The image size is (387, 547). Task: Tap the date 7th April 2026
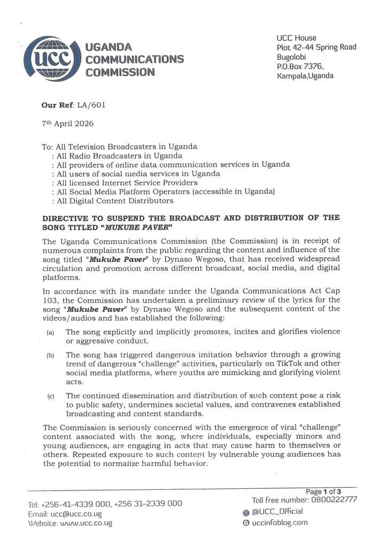coord(67,123)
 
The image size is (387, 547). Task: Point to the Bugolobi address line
coord(292,57)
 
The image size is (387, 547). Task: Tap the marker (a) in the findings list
coord(50,332)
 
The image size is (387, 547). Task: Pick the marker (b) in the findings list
coord(50,355)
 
